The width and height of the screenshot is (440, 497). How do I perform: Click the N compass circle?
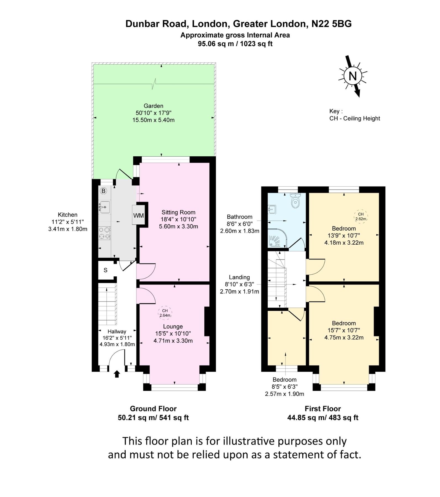(352, 76)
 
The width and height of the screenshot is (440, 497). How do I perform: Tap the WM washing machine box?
(138, 215)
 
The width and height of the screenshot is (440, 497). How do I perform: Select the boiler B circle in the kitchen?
(103, 191)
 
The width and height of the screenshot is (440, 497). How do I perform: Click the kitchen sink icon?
(104, 207)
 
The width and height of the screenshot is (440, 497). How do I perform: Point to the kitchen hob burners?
(104, 233)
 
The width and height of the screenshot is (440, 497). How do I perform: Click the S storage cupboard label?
(106, 270)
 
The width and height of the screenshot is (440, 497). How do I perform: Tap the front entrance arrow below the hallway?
(117, 374)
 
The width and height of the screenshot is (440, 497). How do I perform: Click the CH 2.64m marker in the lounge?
(165, 313)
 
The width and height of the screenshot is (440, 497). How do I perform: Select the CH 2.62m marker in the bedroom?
(361, 216)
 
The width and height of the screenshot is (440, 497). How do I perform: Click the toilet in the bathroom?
(295, 201)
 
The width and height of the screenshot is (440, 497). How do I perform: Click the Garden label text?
(153, 106)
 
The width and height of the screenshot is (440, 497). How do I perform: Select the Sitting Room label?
(178, 212)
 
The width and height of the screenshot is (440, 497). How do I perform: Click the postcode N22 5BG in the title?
(331, 24)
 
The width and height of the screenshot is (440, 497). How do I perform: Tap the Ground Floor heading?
(153, 409)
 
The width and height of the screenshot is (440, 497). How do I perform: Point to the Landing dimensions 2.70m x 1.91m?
(239, 291)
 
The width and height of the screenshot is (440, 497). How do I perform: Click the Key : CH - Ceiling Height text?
(355, 115)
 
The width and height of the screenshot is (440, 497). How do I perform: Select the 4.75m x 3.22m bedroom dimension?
(344, 337)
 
